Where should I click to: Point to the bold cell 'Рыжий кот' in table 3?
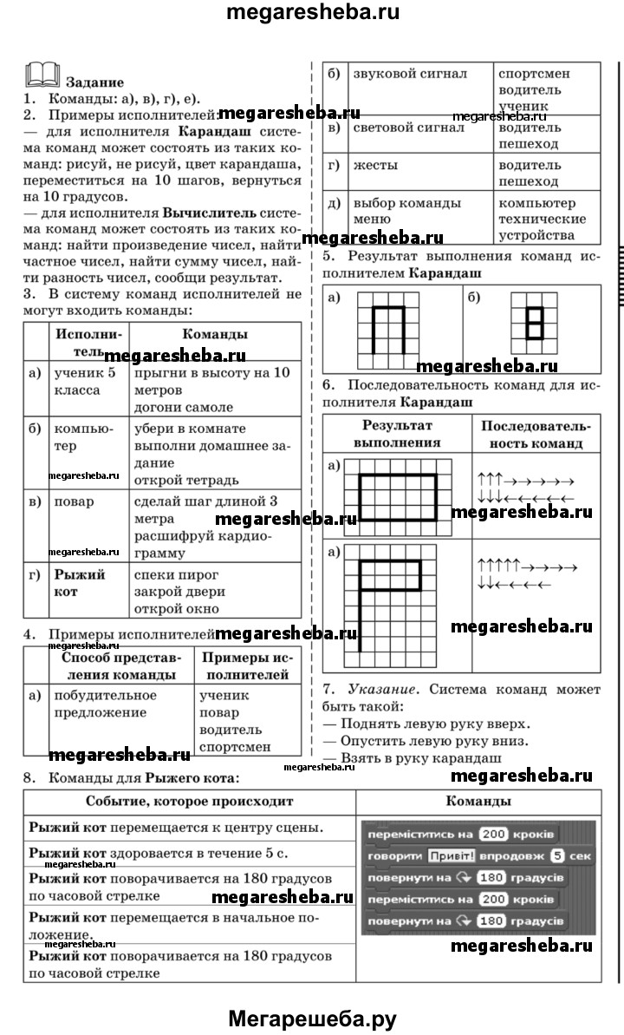tap(80, 583)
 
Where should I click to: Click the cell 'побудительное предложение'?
tap(106, 704)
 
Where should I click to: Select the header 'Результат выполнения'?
tap(397, 434)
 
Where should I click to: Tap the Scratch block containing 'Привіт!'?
tap(480, 855)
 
